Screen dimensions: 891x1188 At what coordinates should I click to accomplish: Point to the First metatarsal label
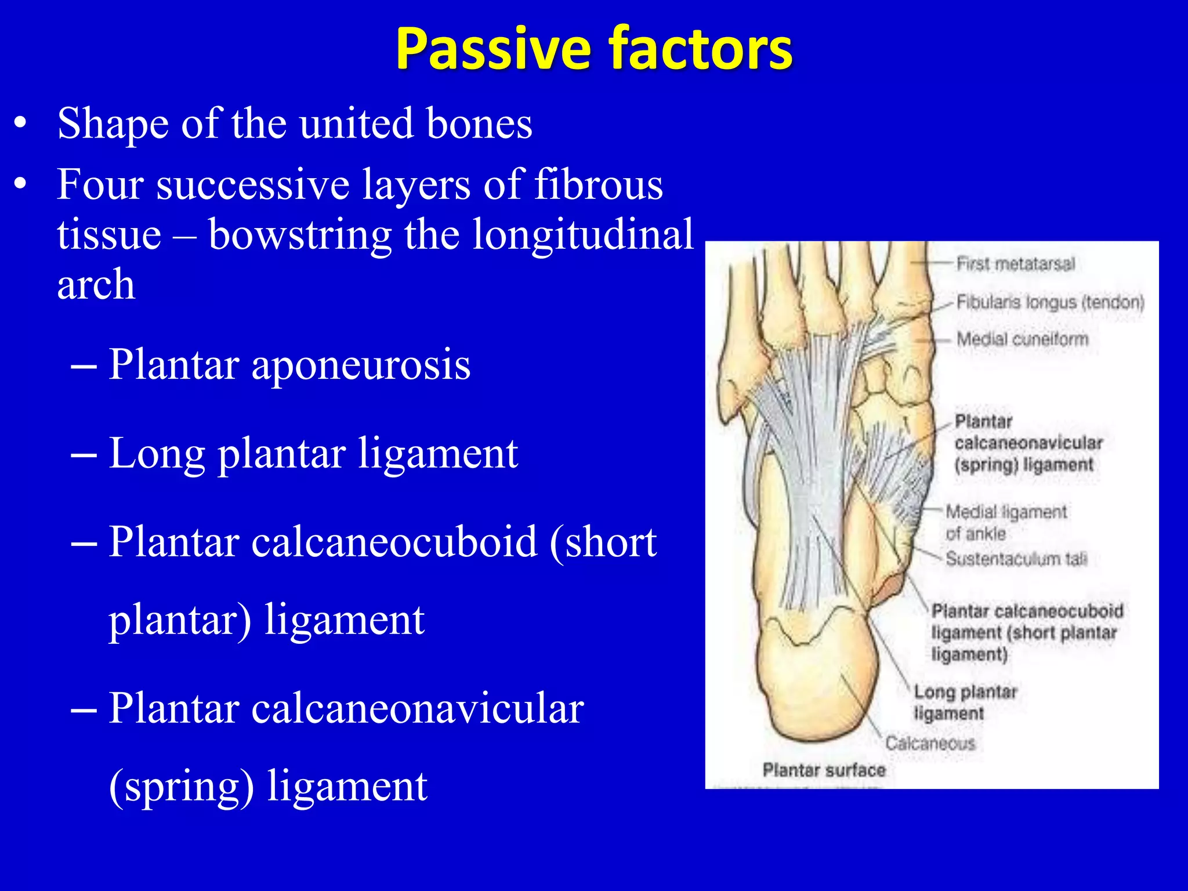coord(1015,264)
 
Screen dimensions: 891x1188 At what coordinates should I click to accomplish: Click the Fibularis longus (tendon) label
coord(1050,302)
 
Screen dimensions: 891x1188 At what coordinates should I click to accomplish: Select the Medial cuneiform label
coord(1022,339)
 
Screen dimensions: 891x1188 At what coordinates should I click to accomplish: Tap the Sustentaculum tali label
coord(1016,559)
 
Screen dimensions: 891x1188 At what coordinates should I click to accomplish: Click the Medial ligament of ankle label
coord(1005,522)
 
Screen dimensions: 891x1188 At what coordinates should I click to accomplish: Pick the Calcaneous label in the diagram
coord(930,743)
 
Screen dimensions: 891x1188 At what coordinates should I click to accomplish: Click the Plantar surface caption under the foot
coord(824,770)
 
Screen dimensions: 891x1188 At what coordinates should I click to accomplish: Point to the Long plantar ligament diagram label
coord(965,702)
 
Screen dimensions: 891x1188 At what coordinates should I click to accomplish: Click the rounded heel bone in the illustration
coord(818,684)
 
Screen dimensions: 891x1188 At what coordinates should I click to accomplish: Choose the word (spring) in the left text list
coord(181,787)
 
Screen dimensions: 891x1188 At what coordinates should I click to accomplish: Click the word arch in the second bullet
coord(96,285)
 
